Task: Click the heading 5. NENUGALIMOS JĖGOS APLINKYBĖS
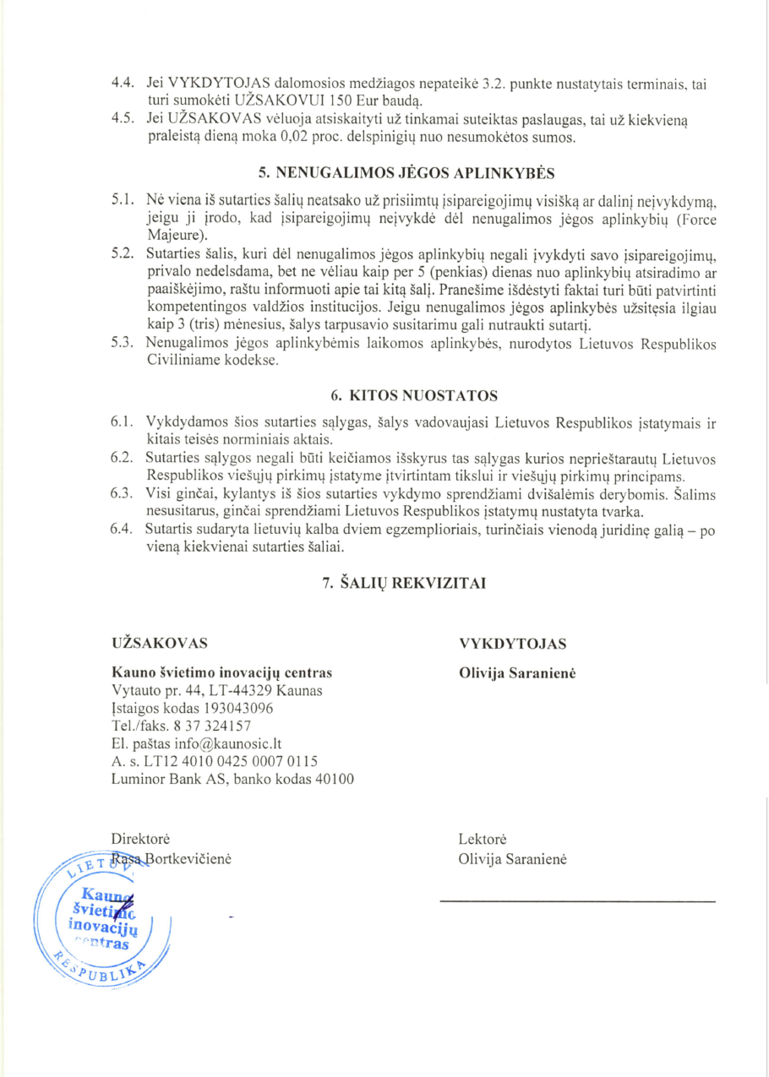(406, 174)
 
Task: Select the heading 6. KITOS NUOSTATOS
(406, 394)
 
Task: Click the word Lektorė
(483, 840)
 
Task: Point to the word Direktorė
(141, 839)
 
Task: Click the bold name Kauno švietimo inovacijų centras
(221, 673)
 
